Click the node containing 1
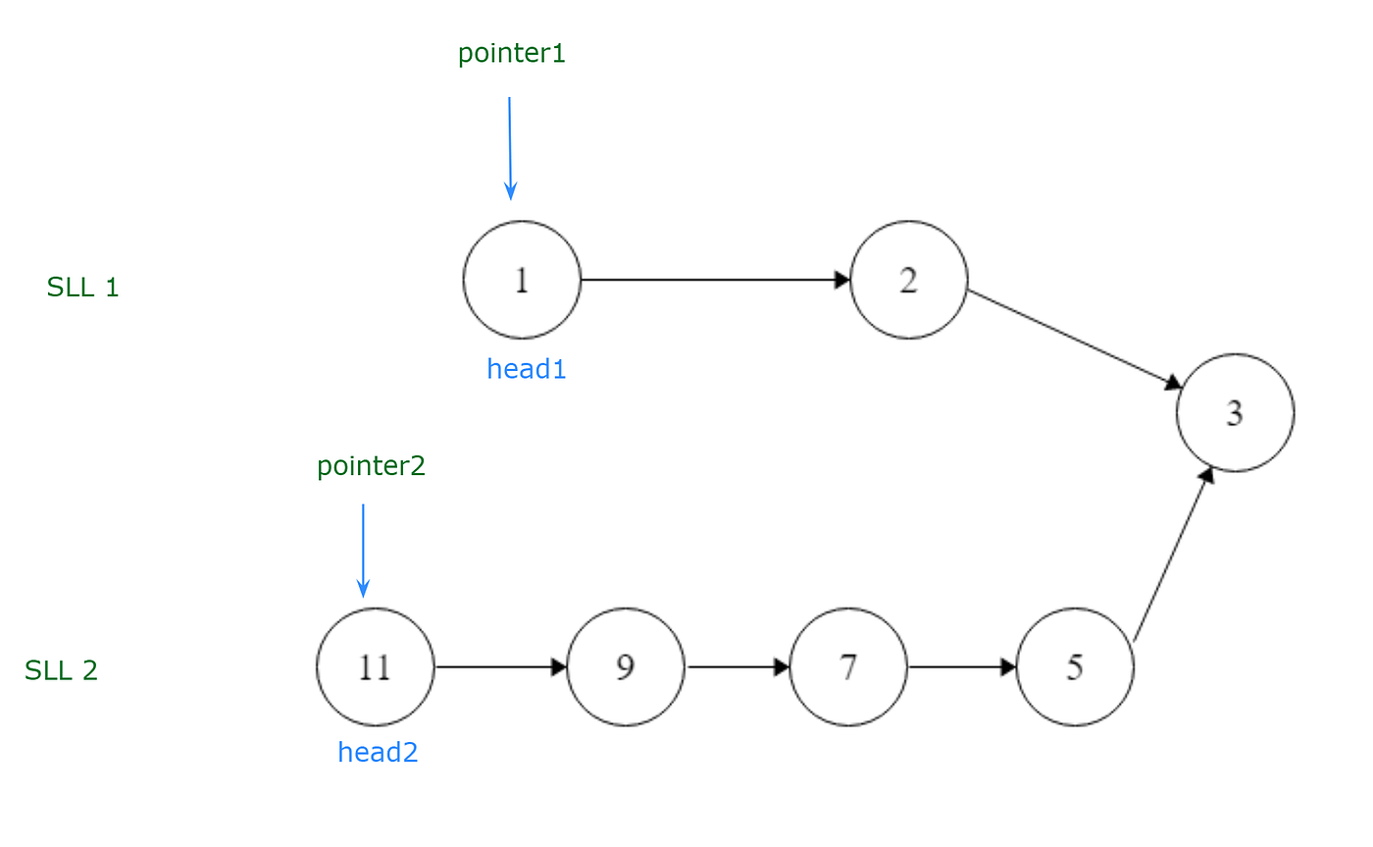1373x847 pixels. [522, 280]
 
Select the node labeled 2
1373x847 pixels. [909, 280]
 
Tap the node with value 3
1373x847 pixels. [1235, 412]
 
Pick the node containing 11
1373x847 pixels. [375, 667]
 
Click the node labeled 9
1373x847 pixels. [626, 667]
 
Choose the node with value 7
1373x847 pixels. [848, 667]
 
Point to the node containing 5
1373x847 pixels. [1075, 667]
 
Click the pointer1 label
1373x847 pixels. [512, 54]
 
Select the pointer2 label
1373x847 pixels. [371, 466]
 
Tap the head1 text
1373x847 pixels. [527, 369]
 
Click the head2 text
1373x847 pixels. [378, 753]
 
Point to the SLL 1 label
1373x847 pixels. [82, 288]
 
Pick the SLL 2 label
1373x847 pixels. [61, 670]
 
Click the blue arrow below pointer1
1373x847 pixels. [509, 147]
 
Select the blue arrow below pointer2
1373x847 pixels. [363, 550]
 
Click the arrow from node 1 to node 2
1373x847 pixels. [715, 280]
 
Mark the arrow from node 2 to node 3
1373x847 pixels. [1075, 339]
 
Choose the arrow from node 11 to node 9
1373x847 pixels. [501, 667]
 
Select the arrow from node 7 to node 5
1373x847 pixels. [962, 667]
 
